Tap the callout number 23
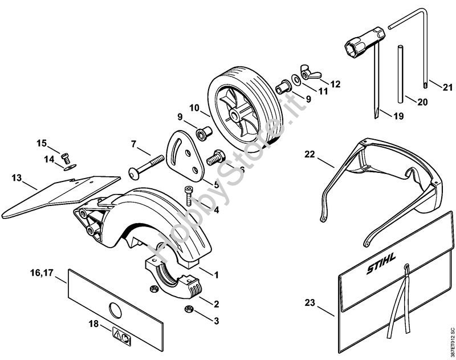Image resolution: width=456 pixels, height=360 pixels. pos(310,303)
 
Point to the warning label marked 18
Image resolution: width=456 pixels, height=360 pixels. pos(121,336)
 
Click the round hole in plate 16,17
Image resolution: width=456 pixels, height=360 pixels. pos(115,310)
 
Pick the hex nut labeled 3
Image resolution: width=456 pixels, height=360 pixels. pos(189,309)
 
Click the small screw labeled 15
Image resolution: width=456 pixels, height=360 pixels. pos(66,158)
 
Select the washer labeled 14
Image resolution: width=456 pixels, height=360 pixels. pos(70,167)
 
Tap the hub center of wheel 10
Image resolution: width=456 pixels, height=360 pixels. pos(233,115)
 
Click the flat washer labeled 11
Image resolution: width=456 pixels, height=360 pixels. pos(296,79)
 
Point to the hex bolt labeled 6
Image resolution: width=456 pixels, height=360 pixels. pos(216,157)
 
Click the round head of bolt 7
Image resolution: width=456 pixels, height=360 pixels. pos(134,174)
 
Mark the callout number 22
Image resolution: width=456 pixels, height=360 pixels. pos(310,154)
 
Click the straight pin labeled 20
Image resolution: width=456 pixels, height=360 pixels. pos(401,74)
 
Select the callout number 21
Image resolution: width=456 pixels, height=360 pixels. pos(447,87)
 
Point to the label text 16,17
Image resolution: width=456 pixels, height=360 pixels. pos(42,273)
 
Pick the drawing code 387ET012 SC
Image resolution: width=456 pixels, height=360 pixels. pos(451,342)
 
